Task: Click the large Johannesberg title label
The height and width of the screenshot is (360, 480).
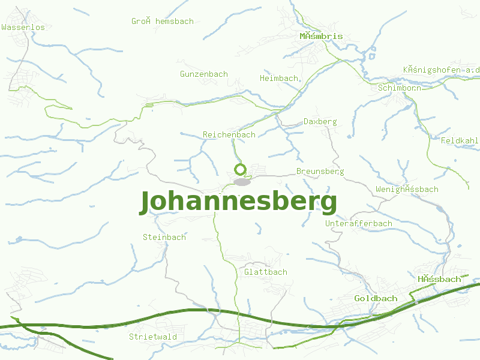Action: pos(238,202)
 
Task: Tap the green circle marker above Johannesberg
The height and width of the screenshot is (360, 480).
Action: pos(241,169)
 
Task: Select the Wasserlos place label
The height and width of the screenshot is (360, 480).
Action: pos(23,28)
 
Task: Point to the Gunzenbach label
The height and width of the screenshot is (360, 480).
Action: pos(204,74)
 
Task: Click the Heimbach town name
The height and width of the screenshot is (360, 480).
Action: pos(279,79)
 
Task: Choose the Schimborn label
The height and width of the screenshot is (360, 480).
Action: pos(400,88)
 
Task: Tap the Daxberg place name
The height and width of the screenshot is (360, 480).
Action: pos(320,122)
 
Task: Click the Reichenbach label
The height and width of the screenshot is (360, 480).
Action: pos(229,135)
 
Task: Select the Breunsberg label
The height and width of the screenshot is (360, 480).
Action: pos(320,172)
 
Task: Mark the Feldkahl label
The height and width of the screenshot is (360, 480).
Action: pos(460,141)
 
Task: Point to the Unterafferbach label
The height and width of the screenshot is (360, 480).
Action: pos(359,224)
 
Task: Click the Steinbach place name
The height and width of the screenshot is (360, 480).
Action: pos(164,238)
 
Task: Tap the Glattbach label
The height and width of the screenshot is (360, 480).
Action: pos(266,272)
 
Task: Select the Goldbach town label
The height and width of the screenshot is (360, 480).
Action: pos(376,299)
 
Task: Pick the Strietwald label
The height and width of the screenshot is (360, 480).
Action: pos(153,337)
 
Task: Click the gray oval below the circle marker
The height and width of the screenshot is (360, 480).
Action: pos(241,182)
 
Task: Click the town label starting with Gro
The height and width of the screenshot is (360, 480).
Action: pos(163,22)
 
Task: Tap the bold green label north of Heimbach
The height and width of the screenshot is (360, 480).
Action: pos(322,37)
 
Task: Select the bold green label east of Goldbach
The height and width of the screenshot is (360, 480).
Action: pos(440,280)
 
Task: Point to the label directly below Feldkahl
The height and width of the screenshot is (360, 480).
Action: pos(407,190)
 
